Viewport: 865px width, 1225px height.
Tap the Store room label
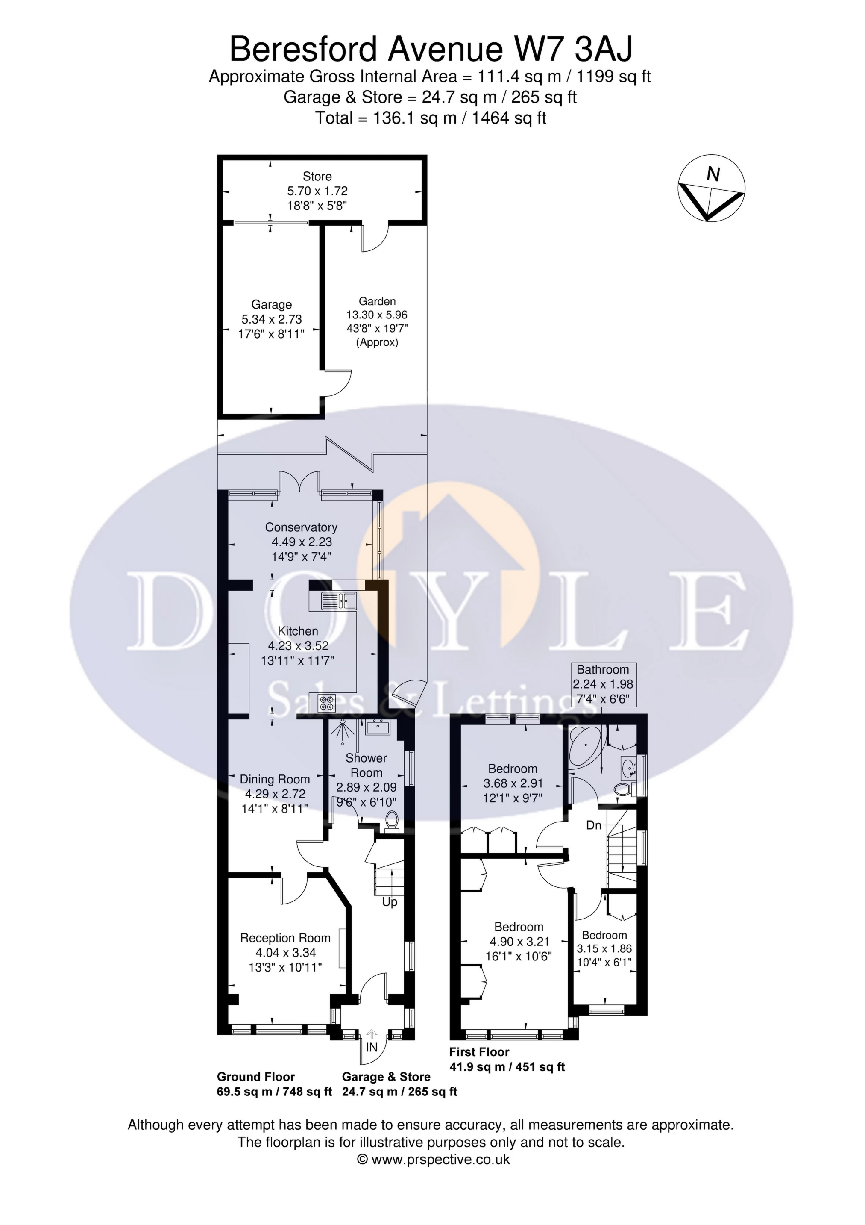click(317, 177)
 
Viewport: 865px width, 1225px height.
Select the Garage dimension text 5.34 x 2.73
click(271, 319)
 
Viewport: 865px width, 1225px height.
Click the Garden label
click(377, 301)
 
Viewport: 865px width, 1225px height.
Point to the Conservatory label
click(301, 527)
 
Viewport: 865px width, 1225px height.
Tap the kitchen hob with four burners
click(327, 703)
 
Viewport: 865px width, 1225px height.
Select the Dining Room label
click(275, 779)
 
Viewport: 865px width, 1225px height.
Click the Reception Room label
click(285, 938)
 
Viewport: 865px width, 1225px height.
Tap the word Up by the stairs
click(390, 902)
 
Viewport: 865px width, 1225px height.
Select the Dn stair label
click(594, 825)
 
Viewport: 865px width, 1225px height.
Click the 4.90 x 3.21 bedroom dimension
click(519, 942)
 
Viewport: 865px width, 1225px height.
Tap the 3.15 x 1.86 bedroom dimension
click(604, 948)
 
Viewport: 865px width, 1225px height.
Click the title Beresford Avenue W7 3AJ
click(431, 50)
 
